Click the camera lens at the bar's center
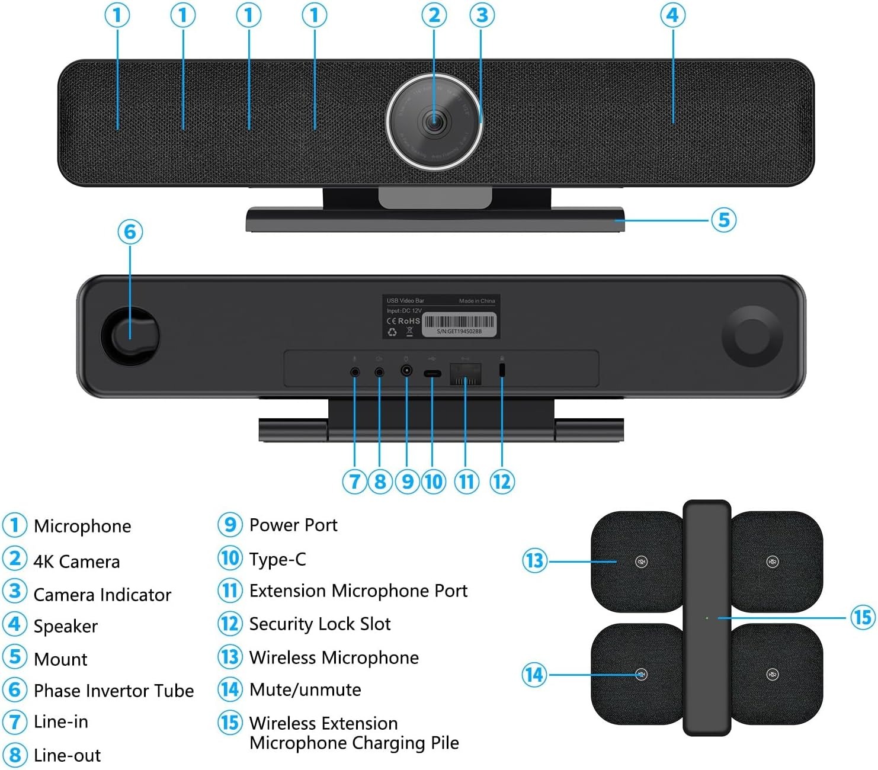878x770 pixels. [434, 122]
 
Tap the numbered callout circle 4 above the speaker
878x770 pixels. [672, 15]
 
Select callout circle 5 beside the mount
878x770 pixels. [723, 220]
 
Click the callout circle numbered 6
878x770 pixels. [130, 232]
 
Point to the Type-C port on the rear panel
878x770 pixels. [432, 374]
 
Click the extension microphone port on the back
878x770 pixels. [466, 374]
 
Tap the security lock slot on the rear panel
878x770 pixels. [502, 370]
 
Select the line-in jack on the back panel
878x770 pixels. [355, 373]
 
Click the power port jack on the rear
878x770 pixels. [407, 371]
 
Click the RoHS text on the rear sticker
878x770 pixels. [409, 321]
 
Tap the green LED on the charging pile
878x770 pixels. [707, 618]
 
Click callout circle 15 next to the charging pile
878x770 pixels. [863, 617]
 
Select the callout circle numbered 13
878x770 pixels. [534, 560]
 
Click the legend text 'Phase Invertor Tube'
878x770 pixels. [114, 691]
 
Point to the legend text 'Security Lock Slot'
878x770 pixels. [320, 624]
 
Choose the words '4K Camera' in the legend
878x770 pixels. [77, 562]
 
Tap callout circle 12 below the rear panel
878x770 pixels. [502, 482]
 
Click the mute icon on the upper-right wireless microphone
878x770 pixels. [772, 562]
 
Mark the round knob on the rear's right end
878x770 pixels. [752, 336]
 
